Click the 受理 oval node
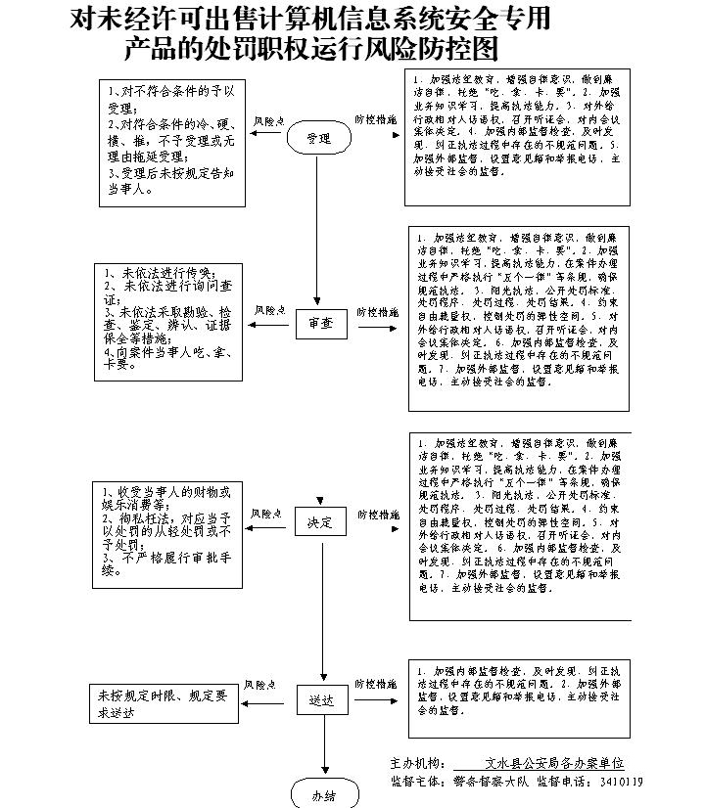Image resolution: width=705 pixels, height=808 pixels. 318,138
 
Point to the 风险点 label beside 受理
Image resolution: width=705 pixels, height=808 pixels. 270,120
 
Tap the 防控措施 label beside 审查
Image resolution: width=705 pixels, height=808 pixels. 377,313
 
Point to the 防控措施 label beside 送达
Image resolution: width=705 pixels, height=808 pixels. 377,684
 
